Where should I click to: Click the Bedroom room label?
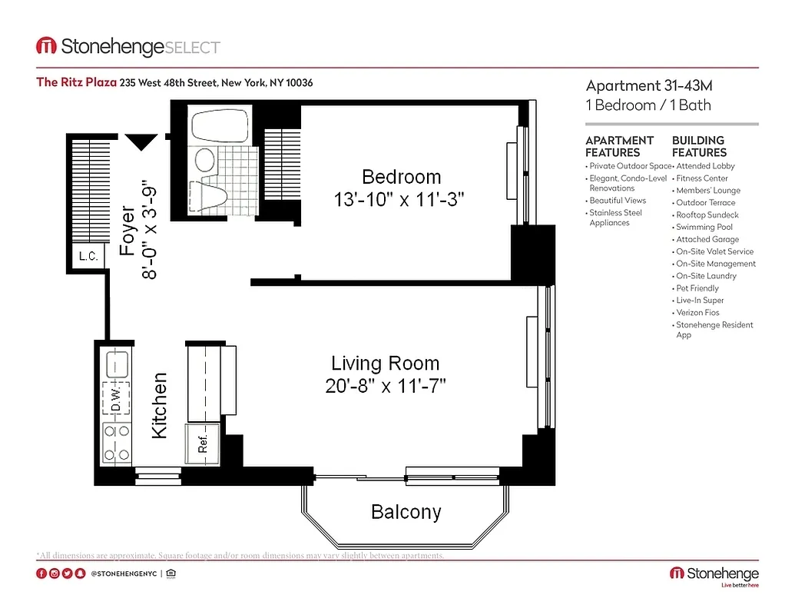point(401,176)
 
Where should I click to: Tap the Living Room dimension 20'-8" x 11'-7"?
point(386,384)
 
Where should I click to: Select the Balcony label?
point(406,511)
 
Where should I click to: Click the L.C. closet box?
point(88,256)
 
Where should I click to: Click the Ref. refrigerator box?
point(204,444)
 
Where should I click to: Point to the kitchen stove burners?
point(116,444)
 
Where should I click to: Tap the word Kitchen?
point(159,405)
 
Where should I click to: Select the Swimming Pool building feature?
point(704,227)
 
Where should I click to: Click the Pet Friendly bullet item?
point(697,288)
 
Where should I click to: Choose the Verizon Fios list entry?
point(697,313)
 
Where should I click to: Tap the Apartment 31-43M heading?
point(654,85)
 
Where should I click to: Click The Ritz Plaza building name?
point(76,82)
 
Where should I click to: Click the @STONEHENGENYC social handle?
point(124,573)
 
